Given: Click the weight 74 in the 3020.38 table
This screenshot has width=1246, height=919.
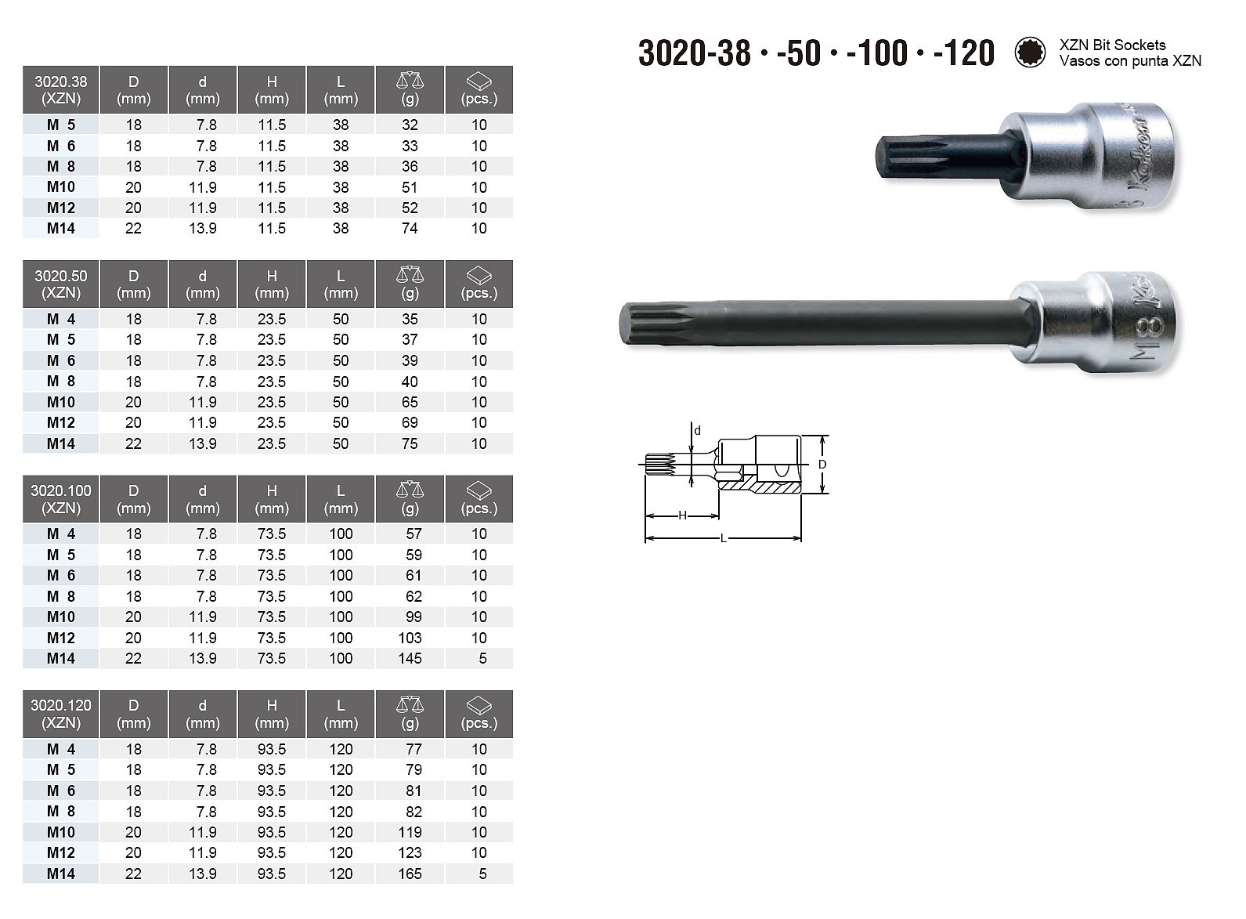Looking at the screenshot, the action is (x=410, y=228).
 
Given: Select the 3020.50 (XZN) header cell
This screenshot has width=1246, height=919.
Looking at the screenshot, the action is (x=60, y=284).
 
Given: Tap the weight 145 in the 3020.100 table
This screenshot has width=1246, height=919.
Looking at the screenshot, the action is (x=410, y=658).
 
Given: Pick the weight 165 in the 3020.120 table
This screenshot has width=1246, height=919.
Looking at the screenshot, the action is (x=410, y=874).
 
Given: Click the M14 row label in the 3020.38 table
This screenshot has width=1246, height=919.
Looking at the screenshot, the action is (x=60, y=228).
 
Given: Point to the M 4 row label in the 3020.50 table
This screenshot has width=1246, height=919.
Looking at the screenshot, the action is (x=60, y=319).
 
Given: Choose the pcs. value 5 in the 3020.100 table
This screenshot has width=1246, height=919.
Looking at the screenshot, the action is (x=482, y=658).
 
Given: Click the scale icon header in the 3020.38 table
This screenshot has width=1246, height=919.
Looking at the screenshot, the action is (x=410, y=81).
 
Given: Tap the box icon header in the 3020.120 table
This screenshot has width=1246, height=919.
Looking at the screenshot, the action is (x=479, y=707).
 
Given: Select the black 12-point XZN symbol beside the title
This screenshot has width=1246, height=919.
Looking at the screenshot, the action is (x=1030, y=52).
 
